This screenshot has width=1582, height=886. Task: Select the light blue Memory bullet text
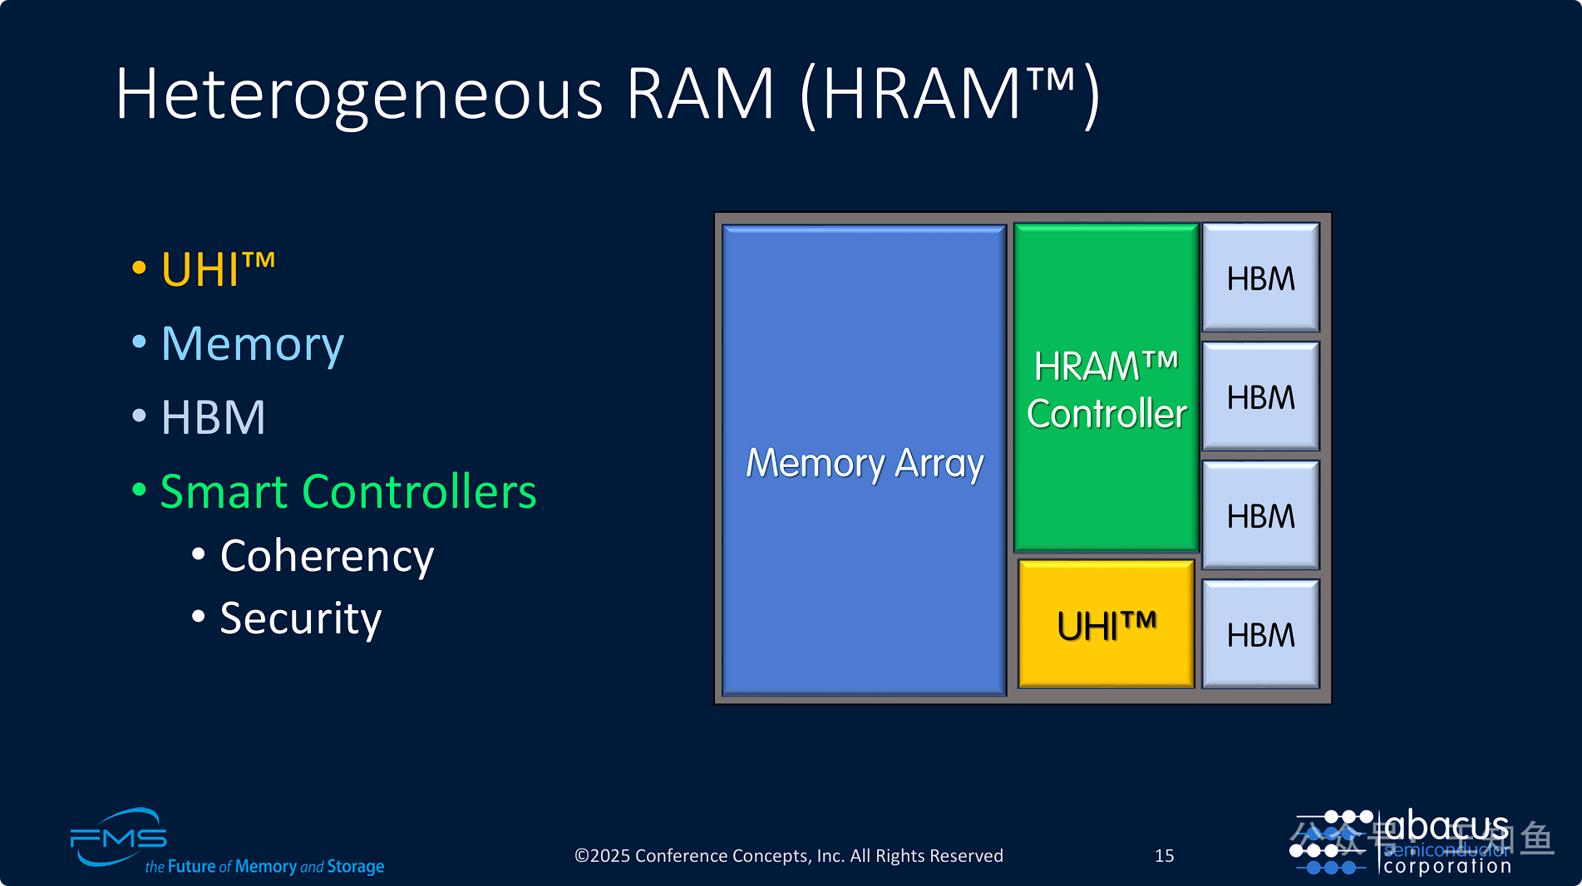(x=252, y=344)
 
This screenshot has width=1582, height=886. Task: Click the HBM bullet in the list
(x=213, y=417)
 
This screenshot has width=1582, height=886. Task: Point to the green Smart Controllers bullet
(x=347, y=491)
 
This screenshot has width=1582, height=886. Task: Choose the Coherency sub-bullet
(x=327, y=556)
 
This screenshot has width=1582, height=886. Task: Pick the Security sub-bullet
(x=300, y=618)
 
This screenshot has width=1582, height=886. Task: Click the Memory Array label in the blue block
(x=865, y=463)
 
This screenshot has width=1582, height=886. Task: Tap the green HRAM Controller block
(x=1106, y=389)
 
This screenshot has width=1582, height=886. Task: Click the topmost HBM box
(x=1260, y=278)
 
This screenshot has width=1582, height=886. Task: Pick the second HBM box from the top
(x=1260, y=397)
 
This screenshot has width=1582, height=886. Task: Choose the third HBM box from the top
(x=1260, y=516)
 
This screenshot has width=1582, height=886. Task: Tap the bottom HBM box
(x=1260, y=635)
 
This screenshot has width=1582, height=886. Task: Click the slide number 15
(x=1164, y=855)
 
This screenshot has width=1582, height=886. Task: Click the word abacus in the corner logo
(x=1446, y=826)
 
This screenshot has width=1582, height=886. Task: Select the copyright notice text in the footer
(x=788, y=855)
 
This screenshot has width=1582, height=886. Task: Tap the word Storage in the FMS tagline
(x=356, y=866)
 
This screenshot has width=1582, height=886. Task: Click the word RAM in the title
(x=700, y=94)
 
